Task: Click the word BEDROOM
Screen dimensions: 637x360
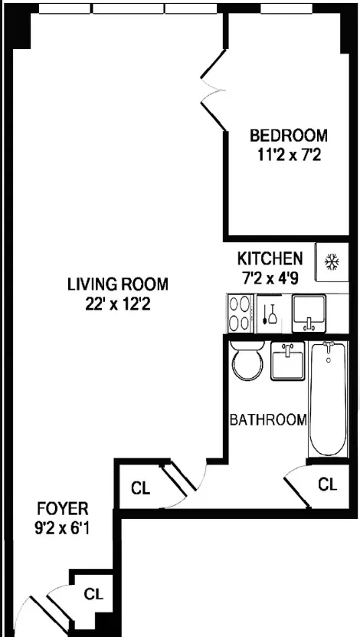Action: coord(288,136)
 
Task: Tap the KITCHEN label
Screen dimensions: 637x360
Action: coord(270,258)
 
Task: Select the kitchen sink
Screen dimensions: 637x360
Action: coord(309,314)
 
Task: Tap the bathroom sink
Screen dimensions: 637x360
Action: coord(288,360)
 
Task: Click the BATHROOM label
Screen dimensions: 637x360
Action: coord(269,420)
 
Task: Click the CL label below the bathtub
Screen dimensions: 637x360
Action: coord(328,484)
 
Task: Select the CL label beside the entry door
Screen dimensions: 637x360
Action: coord(93,593)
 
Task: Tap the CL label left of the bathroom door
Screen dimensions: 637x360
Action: coord(139,487)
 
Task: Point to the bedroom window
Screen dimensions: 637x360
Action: coord(286,9)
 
